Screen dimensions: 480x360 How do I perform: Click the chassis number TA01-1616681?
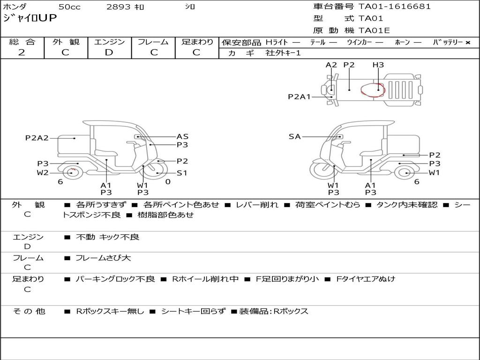coord(395,7)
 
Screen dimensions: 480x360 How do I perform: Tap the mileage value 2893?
coord(118,7)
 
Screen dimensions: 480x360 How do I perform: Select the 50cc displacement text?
coord(69,7)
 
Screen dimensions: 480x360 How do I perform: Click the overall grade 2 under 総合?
coord(22,52)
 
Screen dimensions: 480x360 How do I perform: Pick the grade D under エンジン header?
coord(109,52)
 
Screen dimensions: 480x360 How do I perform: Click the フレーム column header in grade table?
coord(153,42)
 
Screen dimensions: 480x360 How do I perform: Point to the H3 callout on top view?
coord(378,65)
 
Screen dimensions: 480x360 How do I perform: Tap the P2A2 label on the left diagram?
coord(37,138)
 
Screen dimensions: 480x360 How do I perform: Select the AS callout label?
coord(182,136)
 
